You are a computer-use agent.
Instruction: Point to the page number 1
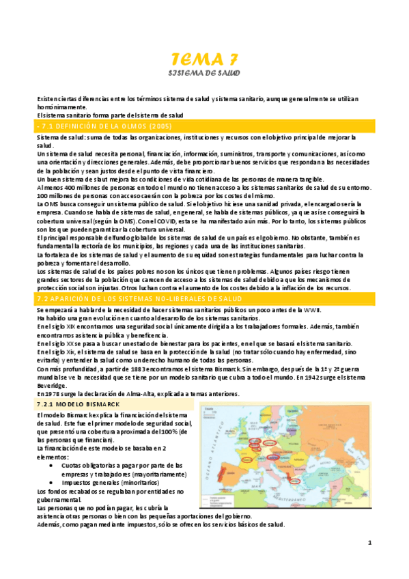[x=368, y=543]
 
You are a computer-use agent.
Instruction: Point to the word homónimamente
[x=62, y=107]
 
